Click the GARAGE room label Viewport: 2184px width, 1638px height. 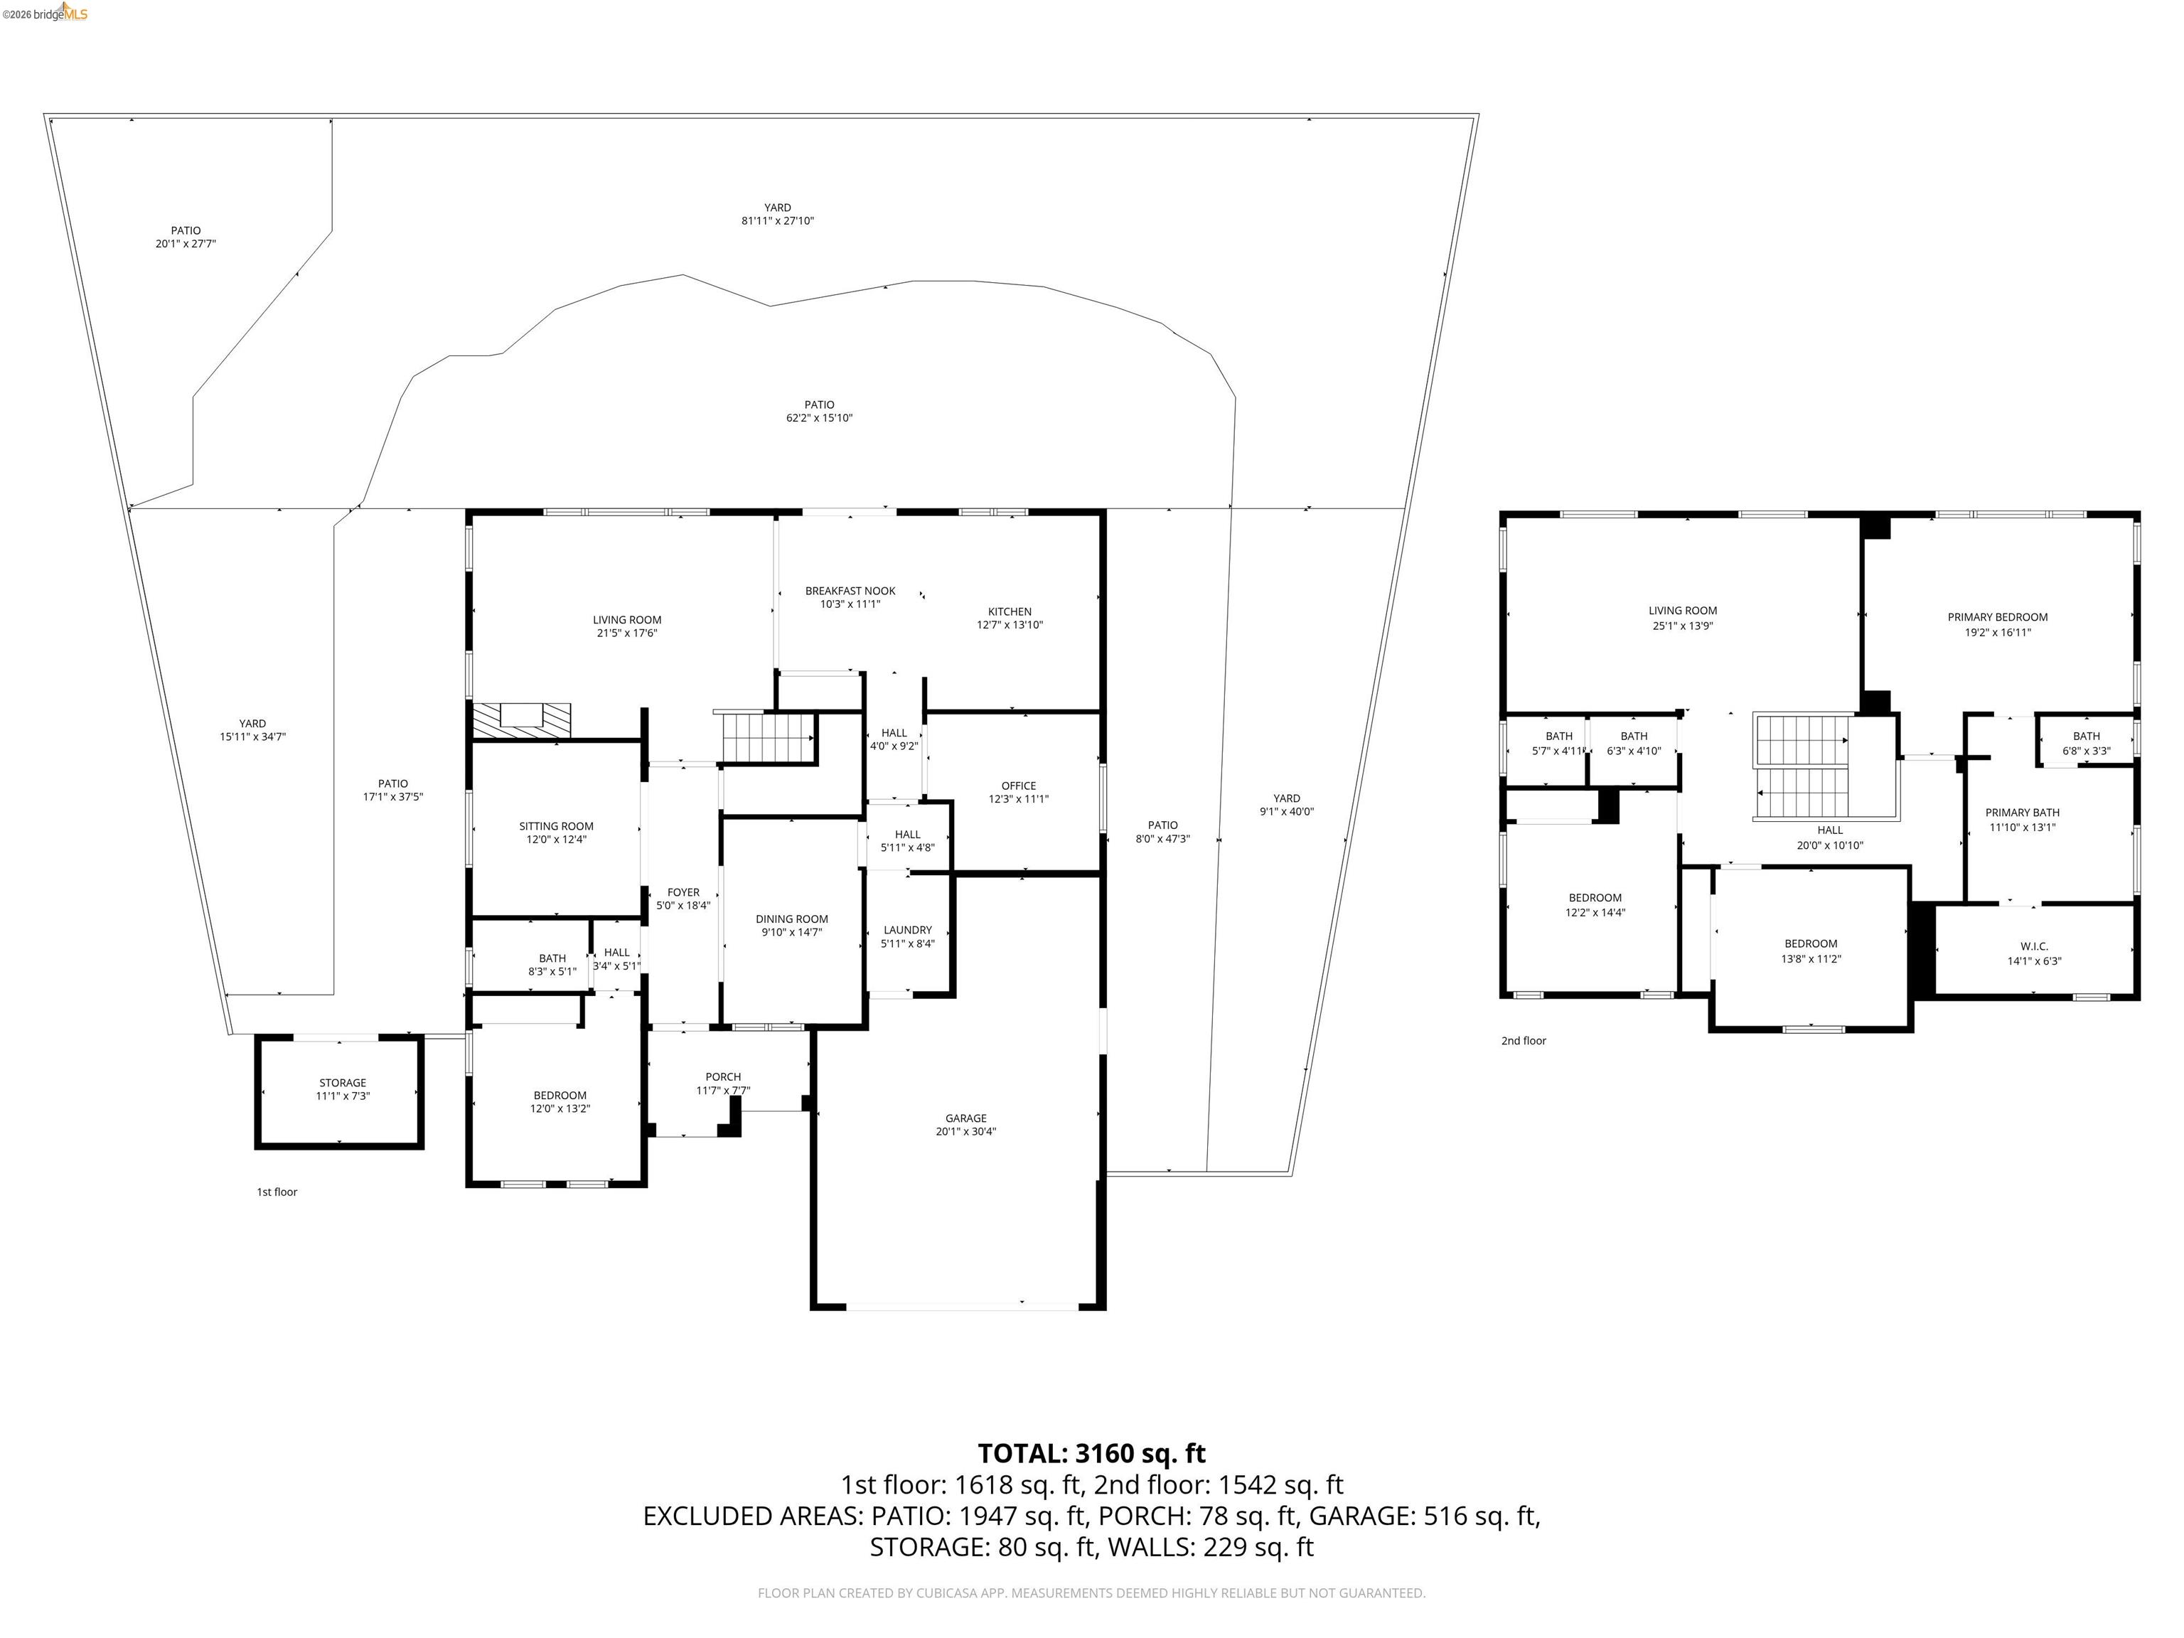pyautogui.click(x=965, y=1118)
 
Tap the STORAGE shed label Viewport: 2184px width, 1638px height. pyautogui.click(x=342, y=1082)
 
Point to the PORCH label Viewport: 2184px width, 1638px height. pyautogui.click(x=723, y=1076)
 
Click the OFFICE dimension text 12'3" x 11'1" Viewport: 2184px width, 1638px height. pyautogui.click(x=1018, y=799)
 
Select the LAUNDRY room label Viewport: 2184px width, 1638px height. pyautogui.click(x=906, y=929)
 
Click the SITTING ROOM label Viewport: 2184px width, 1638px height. pyautogui.click(x=556, y=825)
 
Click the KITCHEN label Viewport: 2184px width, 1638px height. pyautogui.click(x=1009, y=611)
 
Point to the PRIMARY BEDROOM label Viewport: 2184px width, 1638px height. pyautogui.click(x=1996, y=617)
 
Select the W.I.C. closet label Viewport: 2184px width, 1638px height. pyautogui.click(x=2033, y=946)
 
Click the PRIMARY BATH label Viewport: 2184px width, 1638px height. pyautogui.click(x=2021, y=813)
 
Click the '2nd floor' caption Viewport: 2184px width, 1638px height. pyautogui.click(x=1523, y=1041)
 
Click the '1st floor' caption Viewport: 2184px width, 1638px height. pyautogui.click(x=277, y=1192)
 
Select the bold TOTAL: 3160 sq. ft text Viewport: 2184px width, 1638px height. pyautogui.click(x=1091, y=1453)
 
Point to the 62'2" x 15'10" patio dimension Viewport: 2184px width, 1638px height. pyautogui.click(x=818, y=417)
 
